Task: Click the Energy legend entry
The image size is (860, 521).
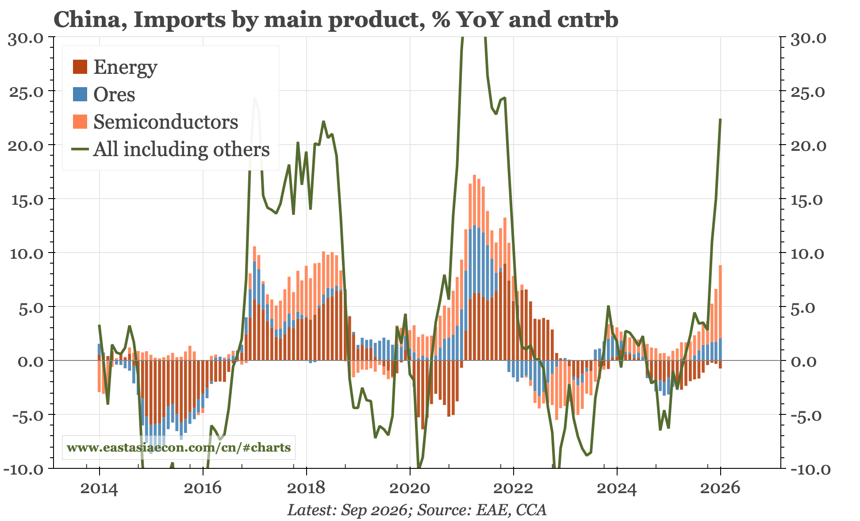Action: (125, 67)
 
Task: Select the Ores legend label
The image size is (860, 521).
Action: (114, 95)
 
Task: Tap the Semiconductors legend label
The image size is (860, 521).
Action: (165, 122)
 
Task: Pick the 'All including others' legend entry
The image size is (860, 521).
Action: (181, 149)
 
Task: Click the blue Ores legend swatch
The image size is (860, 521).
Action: (80, 95)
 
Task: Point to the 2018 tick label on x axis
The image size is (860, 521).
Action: (306, 488)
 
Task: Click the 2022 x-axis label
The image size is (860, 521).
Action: (513, 488)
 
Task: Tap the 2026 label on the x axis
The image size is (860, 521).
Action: (720, 488)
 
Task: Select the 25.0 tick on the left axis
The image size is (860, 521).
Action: (26, 92)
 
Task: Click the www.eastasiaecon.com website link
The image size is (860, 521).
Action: (179, 448)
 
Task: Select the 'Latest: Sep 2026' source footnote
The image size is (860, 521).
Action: (347, 510)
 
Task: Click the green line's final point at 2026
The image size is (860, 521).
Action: (721, 119)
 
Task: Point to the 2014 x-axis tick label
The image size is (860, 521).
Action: (99, 488)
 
